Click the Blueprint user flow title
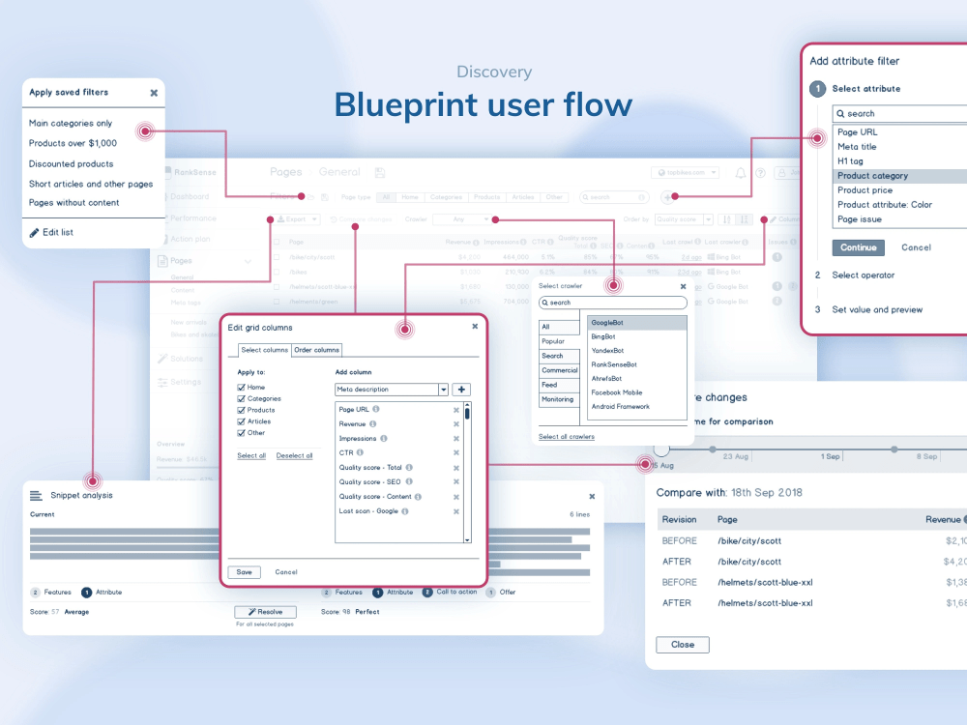click(483, 104)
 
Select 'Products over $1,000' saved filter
click(73, 143)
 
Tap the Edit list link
click(58, 232)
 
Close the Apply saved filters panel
click(154, 93)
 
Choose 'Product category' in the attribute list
click(872, 176)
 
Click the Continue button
click(858, 247)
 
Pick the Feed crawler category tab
click(549, 385)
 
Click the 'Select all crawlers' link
click(567, 437)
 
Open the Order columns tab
click(317, 350)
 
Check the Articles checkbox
click(242, 421)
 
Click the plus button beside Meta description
click(462, 390)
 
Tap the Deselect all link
click(294, 455)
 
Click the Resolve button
click(265, 612)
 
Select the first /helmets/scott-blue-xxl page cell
click(765, 582)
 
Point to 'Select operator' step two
click(864, 275)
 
